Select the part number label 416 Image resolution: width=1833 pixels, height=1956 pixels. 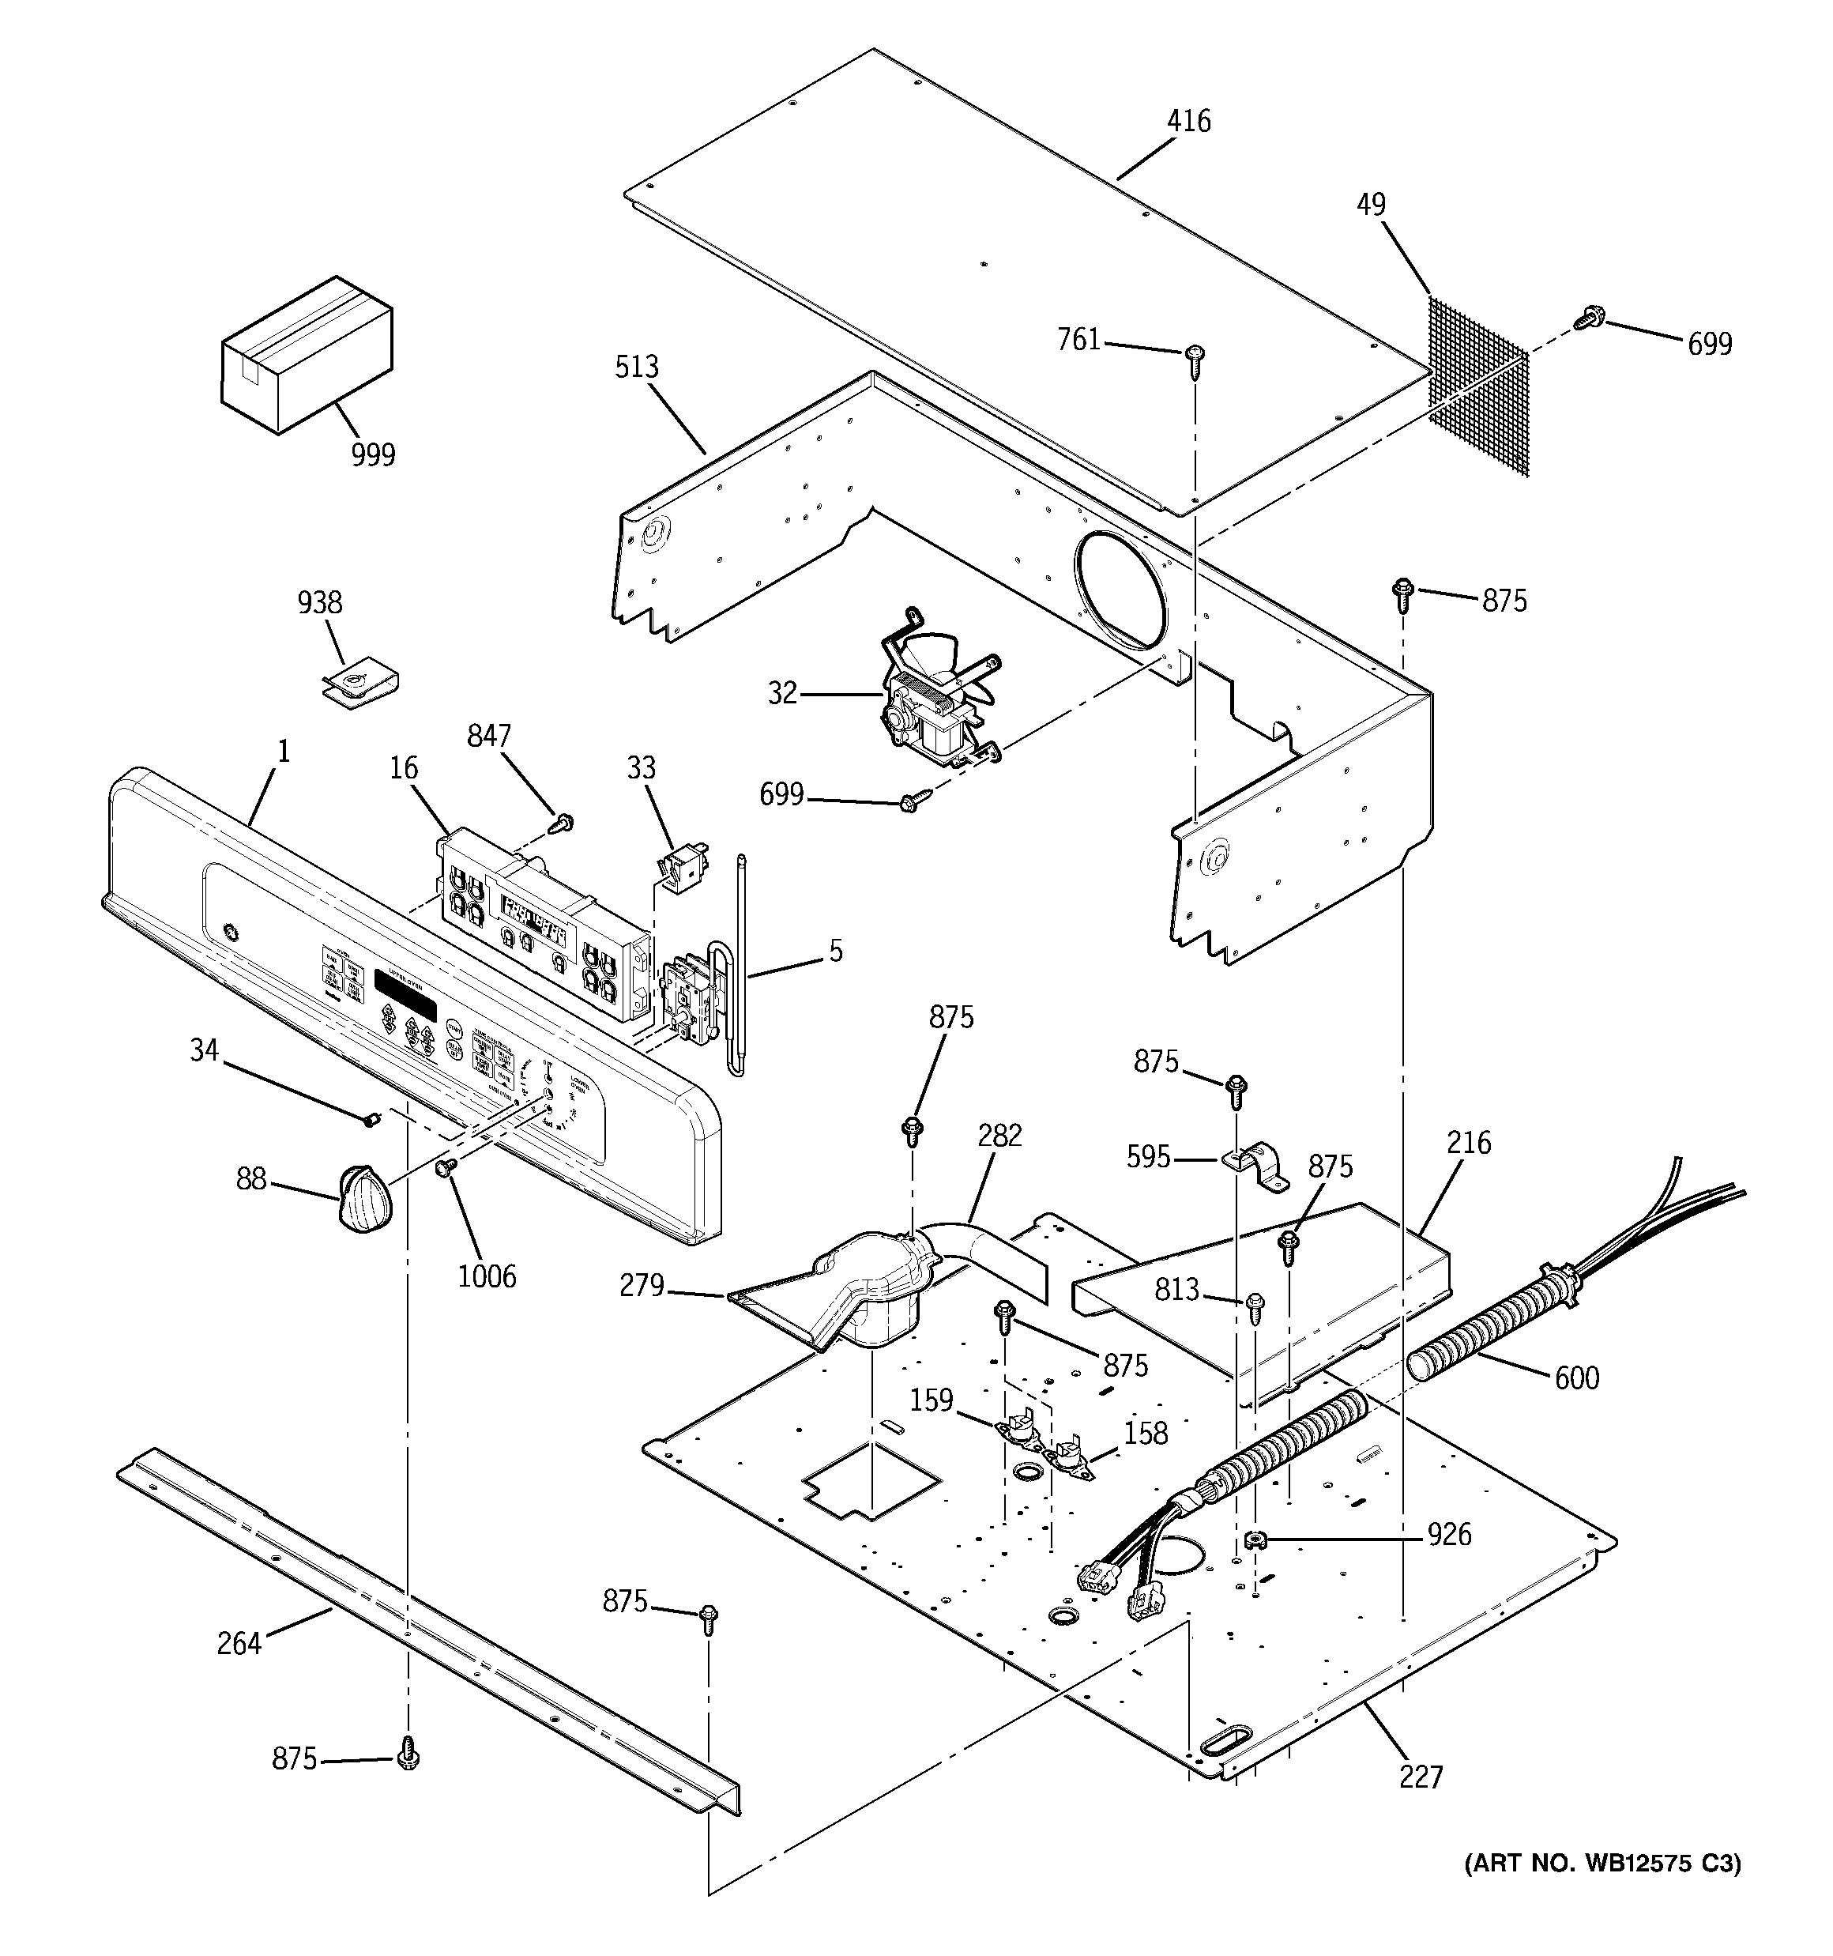pos(1188,121)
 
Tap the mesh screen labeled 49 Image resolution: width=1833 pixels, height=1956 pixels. pos(1477,386)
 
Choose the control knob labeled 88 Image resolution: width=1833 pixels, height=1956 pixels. pos(363,1197)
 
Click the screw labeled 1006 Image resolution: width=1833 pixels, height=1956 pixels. pos(444,1168)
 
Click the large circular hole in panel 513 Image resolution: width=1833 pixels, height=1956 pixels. pos(1123,591)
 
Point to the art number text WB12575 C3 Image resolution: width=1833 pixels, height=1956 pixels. pos(1602,1864)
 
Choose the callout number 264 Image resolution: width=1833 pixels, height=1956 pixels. pos(239,1643)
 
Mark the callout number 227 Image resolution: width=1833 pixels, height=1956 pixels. pos(1421,1777)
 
